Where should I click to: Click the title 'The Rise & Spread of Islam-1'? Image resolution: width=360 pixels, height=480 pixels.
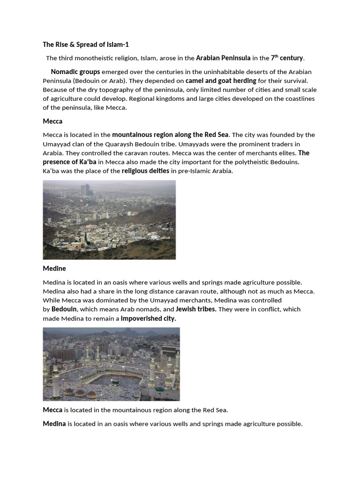point(85,45)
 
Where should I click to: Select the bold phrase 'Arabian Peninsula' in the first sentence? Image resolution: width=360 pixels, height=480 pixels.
point(223,58)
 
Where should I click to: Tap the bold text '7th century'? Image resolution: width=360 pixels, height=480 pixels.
point(287,58)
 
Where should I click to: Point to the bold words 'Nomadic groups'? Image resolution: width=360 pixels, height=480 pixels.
point(75,72)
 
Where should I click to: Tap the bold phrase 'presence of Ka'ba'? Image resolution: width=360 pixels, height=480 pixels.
point(69,162)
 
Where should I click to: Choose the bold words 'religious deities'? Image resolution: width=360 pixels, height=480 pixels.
point(145,171)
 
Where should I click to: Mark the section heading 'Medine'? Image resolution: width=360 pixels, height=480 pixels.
point(54,269)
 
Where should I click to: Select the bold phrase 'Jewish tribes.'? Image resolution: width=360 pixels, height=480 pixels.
point(196,309)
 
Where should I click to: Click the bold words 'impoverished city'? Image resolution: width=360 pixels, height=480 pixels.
point(148,318)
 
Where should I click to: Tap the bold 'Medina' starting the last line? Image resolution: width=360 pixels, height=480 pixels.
point(54,424)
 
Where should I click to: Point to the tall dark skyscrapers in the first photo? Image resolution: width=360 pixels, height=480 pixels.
point(85,189)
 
